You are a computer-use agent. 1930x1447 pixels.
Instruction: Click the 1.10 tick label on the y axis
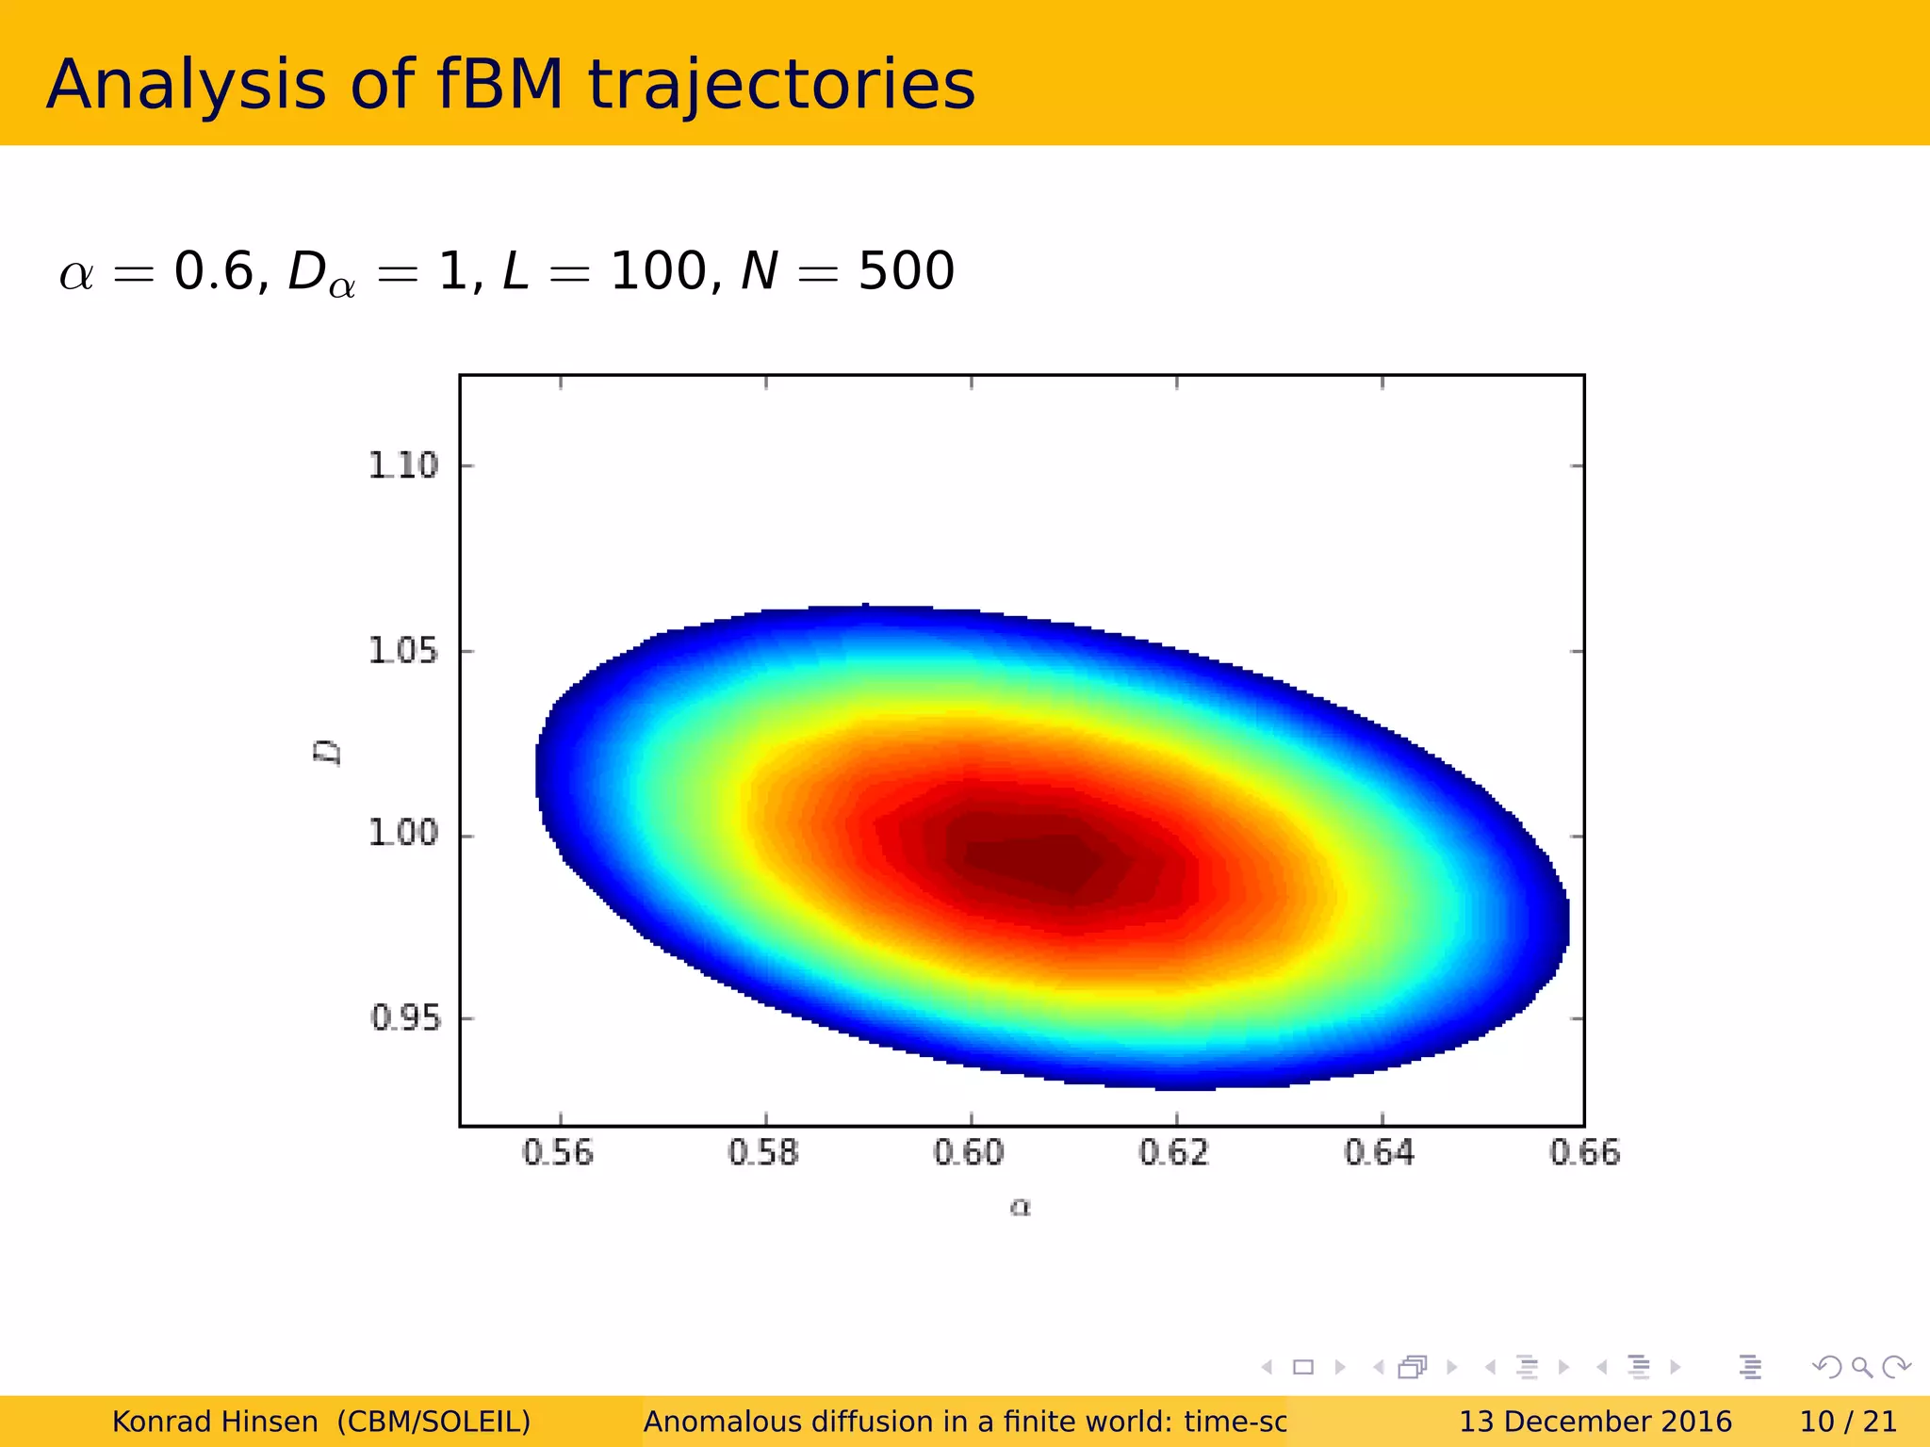click(402, 465)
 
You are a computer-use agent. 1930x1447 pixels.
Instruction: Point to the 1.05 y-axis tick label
click(402, 650)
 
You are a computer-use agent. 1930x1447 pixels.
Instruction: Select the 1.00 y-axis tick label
click(402, 833)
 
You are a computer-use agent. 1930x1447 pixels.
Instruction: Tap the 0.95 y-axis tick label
click(405, 1017)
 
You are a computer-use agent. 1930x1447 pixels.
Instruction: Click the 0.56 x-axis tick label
click(558, 1153)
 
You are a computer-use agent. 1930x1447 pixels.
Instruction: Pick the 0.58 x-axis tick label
click(763, 1153)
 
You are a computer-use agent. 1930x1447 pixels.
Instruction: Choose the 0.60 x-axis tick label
click(969, 1153)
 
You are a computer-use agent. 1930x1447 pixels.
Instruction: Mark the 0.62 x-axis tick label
click(1174, 1153)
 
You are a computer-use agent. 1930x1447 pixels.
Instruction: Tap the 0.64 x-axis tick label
click(1380, 1153)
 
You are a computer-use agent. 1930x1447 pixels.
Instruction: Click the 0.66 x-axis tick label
click(1585, 1153)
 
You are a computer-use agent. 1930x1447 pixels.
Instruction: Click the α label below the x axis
click(1021, 1207)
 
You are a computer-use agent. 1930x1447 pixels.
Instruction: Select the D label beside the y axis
click(327, 753)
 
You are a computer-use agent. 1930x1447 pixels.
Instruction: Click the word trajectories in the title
click(781, 85)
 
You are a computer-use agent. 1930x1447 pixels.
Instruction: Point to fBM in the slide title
click(499, 85)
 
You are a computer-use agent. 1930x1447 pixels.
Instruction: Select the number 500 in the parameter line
click(906, 271)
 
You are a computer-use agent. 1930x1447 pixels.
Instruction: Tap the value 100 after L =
click(659, 271)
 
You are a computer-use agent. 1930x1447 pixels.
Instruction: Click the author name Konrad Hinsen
click(215, 1422)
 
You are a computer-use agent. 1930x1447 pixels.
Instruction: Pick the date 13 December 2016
click(1595, 1422)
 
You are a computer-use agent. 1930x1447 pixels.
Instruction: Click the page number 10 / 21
click(1847, 1422)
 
